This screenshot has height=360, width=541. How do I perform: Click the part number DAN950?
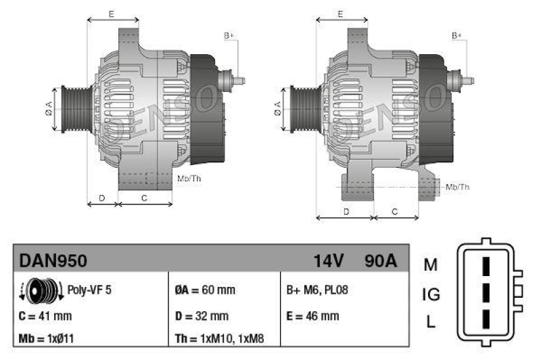tap(53, 261)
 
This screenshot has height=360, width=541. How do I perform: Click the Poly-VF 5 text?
tap(89, 290)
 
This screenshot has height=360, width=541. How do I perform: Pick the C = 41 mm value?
tap(45, 315)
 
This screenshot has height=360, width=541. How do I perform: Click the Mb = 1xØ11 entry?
tap(48, 338)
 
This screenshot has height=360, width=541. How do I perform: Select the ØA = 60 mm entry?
tap(205, 290)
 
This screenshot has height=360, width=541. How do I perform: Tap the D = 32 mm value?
tap(202, 315)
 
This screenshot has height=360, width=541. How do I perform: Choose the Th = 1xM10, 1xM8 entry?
tap(220, 338)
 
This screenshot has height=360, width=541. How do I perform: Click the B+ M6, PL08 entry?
tap(317, 290)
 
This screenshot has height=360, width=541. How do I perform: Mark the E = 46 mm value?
tap(313, 315)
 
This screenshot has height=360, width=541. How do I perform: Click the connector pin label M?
tap(431, 265)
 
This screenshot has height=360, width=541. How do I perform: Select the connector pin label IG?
tap(431, 294)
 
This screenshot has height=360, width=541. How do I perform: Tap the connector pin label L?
tap(431, 322)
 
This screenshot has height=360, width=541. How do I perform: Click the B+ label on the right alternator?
tap(457, 35)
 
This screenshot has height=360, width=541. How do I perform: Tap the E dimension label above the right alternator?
tap(341, 14)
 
